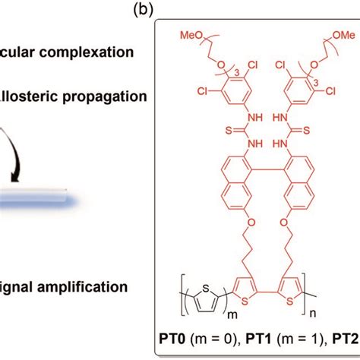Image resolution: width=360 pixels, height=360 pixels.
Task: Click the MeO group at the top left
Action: click(190, 36)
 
